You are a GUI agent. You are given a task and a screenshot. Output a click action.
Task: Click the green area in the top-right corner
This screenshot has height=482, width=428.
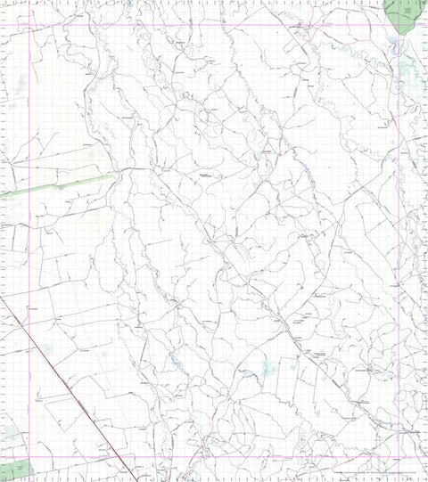pyautogui.click(x=403, y=13)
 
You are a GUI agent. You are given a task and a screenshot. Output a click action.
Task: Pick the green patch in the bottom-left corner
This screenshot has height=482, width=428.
pyautogui.click(x=15, y=470)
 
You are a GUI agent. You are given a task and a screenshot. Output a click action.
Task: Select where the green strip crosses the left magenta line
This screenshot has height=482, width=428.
pyautogui.click(x=31, y=190)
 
